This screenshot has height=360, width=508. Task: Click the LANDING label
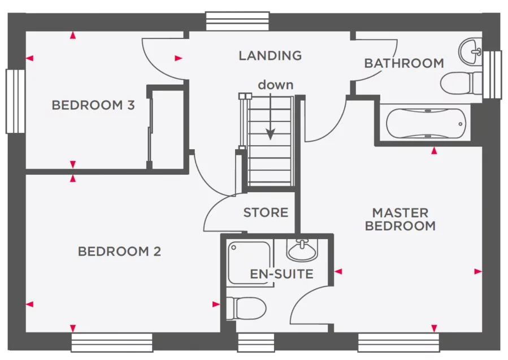tap(270, 55)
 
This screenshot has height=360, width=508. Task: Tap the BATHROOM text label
tap(403, 63)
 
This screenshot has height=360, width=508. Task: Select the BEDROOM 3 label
tap(93, 105)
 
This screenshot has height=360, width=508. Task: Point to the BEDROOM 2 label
tap(119, 251)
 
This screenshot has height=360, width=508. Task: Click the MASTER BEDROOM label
tap(400, 219)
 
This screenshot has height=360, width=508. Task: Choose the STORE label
tap(266, 213)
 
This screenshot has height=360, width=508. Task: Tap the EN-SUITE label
tap(281, 275)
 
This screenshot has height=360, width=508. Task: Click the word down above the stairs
tap(276, 85)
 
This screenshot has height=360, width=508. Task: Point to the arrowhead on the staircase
tap(271, 135)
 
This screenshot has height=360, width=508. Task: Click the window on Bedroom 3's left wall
tap(15, 101)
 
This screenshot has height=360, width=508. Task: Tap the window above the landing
tap(237, 21)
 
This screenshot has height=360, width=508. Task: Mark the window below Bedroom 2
tap(111, 342)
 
